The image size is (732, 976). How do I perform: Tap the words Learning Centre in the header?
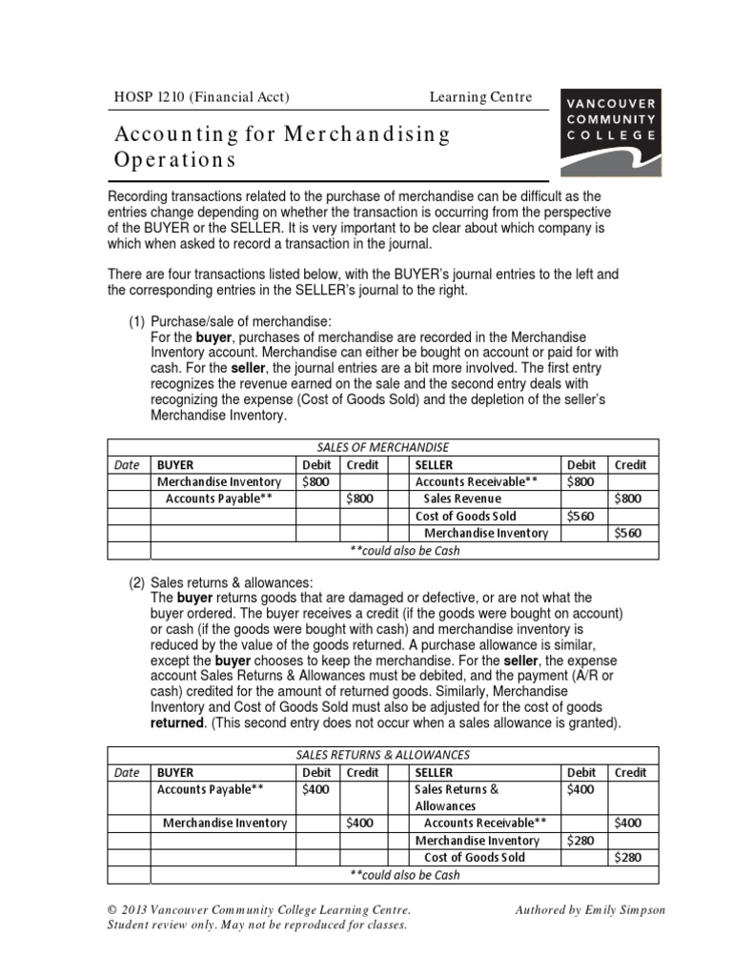[x=480, y=96]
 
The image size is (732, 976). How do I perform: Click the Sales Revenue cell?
[x=461, y=499]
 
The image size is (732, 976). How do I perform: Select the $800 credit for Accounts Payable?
[x=359, y=499]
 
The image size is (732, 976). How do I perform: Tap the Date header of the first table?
[x=127, y=465]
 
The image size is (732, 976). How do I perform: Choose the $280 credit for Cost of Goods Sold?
[x=628, y=858]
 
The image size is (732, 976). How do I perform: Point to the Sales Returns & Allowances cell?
[x=457, y=798]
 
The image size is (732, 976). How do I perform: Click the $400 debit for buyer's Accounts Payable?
[x=315, y=789]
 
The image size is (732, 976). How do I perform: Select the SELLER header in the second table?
[x=434, y=773]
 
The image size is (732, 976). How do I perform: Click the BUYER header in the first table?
[x=175, y=465]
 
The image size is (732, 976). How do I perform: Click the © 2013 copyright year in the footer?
[x=131, y=910]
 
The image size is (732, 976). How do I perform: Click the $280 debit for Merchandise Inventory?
[x=580, y=841]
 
